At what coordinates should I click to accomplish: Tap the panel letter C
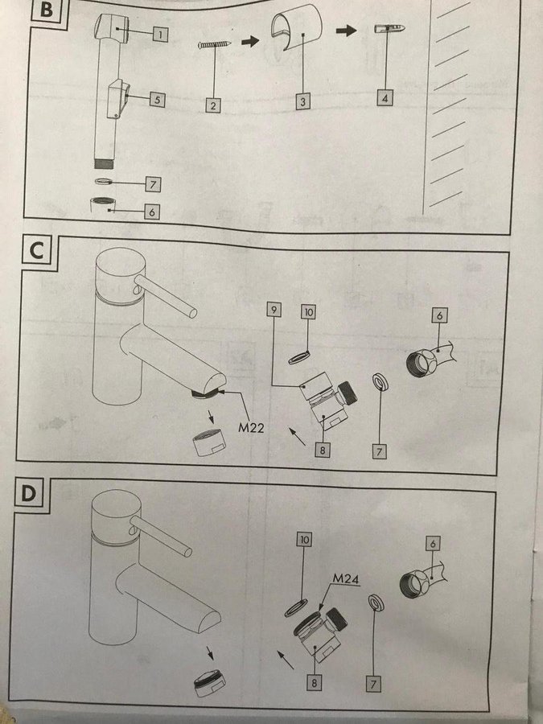pyautogui.click(x=36, y=251)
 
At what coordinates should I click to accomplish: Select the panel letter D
pyautogui.click(x=29, y=494)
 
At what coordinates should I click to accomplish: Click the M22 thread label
pyautogui.click(x=251, y=428)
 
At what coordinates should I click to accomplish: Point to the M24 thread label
pyautogui.click(x=346, y=578)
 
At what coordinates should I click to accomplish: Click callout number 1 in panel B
pyautogui.click(x=160, y=34)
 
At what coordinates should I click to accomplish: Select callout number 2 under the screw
pyautogui.click(x=213, y=105)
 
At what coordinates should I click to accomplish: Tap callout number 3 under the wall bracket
pyautogui.click(x=303, y=102)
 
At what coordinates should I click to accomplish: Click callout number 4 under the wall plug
pyautogui.click(x=385, y=98)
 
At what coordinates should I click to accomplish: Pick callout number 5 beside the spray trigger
pyautogui.click(x=158, y=100)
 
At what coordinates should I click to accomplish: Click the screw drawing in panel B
pyautogui.click(x=215, y=44)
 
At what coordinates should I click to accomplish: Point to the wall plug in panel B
pyautogui.click(x=389, y=28)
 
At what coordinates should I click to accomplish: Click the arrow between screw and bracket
pyautogui.click(x=250, y=42)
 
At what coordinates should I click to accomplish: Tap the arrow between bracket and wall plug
pyautogui.click(x=346, y=31)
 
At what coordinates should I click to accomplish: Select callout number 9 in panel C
pyautogui.click(x=274, y=310)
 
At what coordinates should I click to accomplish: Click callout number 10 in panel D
pyautogui.click(x=305, y=539)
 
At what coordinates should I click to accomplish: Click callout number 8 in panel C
pyautogui.click(x=322, y=449)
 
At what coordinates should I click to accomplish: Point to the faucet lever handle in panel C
pyautogui.click(x=165, y=296)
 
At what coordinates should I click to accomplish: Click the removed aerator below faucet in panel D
pyautogui.click(x=210, y=683)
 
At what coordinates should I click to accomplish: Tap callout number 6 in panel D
pyautogui.click(x=433, y=544)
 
